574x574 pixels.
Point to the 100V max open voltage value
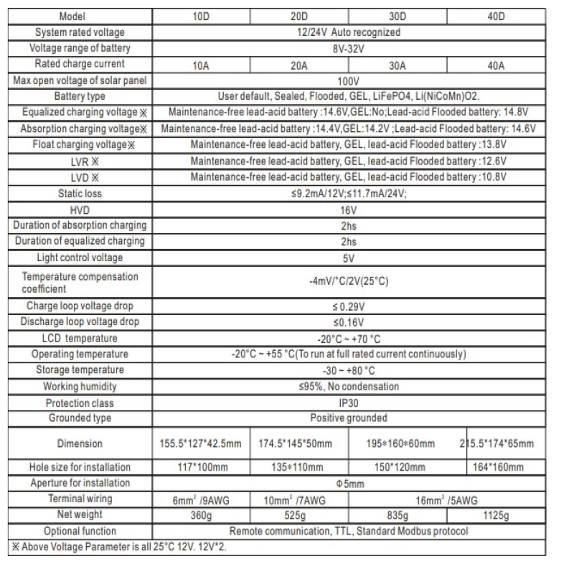point(347,81)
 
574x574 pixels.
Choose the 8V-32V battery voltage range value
point(347,49)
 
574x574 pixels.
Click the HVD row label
point(80,210)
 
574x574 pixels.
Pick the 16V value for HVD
point(347,210)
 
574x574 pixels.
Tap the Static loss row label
point(80,194)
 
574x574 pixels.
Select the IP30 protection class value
point(347,403)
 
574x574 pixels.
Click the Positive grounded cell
point(347,418)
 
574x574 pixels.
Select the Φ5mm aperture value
point(347,484)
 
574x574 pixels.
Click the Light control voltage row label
point(80,258)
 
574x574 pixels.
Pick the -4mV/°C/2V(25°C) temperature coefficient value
point(347,282)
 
